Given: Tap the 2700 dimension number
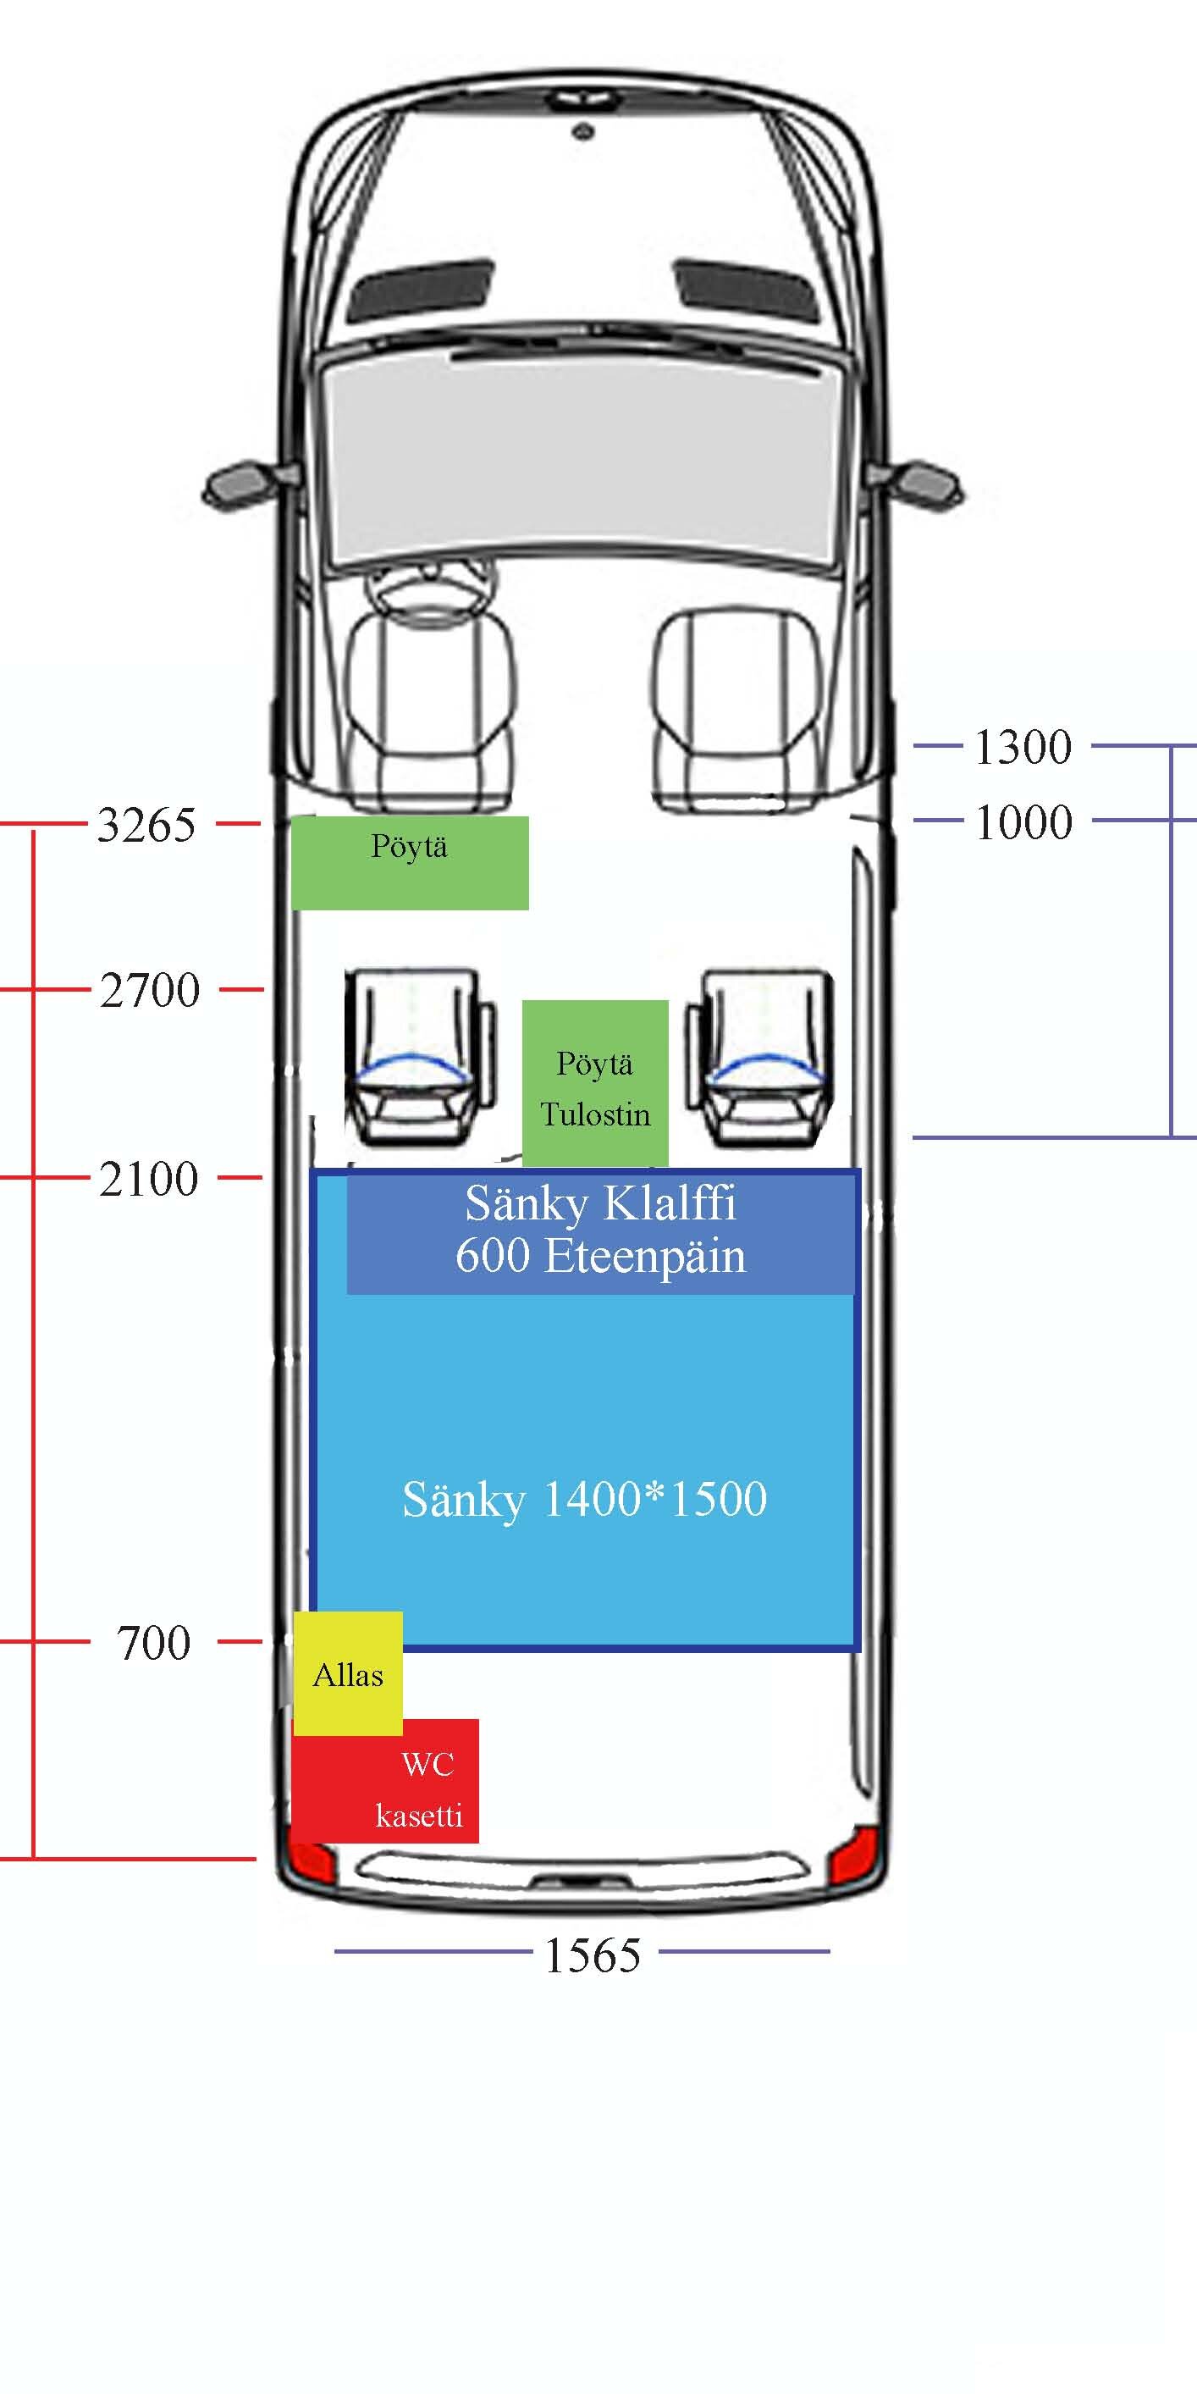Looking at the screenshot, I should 150,991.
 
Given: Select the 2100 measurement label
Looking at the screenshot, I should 149,1180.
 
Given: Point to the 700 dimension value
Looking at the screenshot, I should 153,1643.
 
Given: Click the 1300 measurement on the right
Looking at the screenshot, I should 1023,747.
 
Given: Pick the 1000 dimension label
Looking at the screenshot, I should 1023,822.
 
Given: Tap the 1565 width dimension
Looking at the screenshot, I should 592,1955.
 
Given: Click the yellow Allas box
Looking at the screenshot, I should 349,1672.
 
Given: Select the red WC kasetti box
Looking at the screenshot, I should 387,1789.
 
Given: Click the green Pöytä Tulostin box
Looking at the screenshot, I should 595,1084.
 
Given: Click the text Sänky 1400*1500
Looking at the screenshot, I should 585,1499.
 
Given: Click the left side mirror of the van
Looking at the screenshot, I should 240,484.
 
